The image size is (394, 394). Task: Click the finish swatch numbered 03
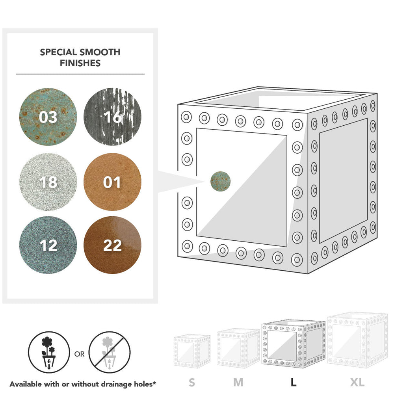[48, 117]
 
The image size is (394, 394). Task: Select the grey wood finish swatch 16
[112, 117]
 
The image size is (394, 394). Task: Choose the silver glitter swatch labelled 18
[48, 182]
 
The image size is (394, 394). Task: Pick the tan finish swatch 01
[112, 182]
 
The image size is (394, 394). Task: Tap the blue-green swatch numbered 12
[48, 245]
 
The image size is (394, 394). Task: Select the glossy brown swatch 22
[112, 245]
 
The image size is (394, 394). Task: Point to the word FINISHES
[80, 63]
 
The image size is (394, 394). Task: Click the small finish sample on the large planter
[220, 181]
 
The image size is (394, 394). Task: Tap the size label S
[192, 383]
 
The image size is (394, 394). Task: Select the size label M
[238, 383]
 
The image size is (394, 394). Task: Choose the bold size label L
[293, 383]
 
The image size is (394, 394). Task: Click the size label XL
[357, 383]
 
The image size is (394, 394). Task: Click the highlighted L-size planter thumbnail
[294, 344]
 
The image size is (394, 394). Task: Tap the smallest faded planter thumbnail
[192, 351]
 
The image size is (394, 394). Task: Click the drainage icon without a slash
[49, 352]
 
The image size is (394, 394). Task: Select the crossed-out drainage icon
[110, 352]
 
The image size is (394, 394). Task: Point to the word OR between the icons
[80, 354]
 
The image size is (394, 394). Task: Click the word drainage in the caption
[115, 384]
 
